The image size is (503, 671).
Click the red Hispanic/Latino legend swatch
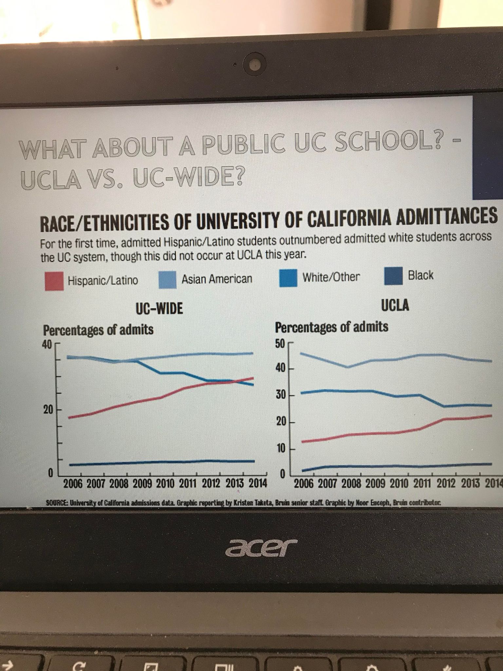[x=54, y=281]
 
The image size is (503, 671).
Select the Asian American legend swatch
[x=167, y=280]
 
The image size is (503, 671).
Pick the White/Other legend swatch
[x=288, y=278]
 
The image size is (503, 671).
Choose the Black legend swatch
[x=393, y=276]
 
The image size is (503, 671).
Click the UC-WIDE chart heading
[x=159, y=309]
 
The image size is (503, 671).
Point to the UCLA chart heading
[x=395, y=305]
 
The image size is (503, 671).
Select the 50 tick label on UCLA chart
[x=281, y=344]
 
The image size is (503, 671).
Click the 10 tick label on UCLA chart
[x=281, y=449]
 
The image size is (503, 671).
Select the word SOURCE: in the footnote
[x=57, y=503]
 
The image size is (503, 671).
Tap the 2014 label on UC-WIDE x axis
[x=257, y=483]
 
